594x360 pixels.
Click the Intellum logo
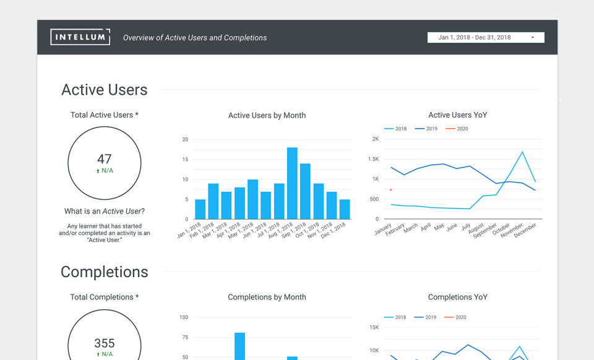pyautogui.click(x=80, y=37)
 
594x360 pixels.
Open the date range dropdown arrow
pyautogui.click(x=533, y=38)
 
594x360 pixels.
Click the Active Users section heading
pyautogui.click(x=104, y=90)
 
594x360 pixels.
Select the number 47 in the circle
pyautogui.click(x=104, y=159)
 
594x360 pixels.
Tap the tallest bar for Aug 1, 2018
pyautogui.click(x=292, y=183)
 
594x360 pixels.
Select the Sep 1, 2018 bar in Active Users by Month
pyautogui.click(x=305, y=191)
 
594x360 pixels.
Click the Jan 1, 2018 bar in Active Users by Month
pyautogui.click(x=200, y=209)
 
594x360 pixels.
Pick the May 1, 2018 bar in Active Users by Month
pyautogui.click(x=252, y=199)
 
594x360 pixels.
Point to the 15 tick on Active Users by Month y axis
pyautogui.click(x=185, y=160)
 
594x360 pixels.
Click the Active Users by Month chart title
pyautogui.click(x=267, y=115)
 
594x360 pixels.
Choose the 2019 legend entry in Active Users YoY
pyautogui.click(x=426, y=129)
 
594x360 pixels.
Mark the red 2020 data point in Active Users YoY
pyautogui.click(x=390, y=190)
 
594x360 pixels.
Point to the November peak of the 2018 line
pyautogui.click(x=522, y=152)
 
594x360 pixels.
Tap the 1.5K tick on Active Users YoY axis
pyautogui.click(x=373, y=159)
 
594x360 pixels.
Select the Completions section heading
pyautogui.click(x=104, y=272)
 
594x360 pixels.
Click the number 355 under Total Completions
pyautogui.click(x=104, y=343)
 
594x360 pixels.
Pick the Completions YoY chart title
pyautogui.click(x=458, y=297)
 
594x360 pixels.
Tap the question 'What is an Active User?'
pyautogui.click(x=104, y=211)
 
